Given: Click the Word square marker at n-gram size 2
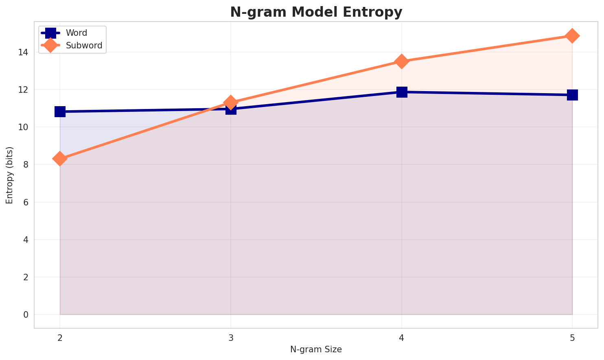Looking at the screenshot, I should pos(60,111).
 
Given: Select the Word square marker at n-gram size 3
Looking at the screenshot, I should pos(231,109).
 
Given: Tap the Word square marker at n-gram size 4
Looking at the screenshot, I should pos(402,92).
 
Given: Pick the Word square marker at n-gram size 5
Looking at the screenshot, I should pos(572,95).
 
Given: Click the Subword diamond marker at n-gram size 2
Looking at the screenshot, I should pos(60,159).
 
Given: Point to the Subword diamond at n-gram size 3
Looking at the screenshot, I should pos(231,103).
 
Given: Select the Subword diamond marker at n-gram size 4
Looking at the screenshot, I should pos(402,61).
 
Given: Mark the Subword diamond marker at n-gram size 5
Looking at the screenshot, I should pos(572,36).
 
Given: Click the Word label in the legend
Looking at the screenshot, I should pos(77,33).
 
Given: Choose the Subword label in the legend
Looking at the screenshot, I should pos(84,46).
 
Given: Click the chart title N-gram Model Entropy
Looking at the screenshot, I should pos(316,12).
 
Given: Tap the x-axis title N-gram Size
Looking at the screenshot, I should pos(316,349).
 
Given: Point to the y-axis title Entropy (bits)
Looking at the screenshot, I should pos(9,175).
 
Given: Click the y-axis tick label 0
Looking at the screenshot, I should pos(26,314).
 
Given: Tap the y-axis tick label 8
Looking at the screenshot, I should pos(26,165).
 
